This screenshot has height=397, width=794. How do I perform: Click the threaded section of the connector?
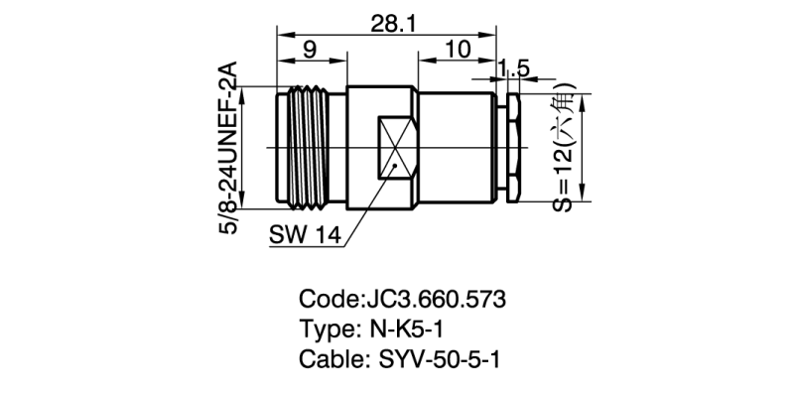point(310,148)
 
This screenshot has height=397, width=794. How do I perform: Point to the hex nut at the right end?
point(514,148)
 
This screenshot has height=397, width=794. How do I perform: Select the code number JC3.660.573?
point(433,299)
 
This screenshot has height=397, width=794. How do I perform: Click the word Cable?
point(327,358)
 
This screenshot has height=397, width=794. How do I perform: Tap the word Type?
point(324,329)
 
